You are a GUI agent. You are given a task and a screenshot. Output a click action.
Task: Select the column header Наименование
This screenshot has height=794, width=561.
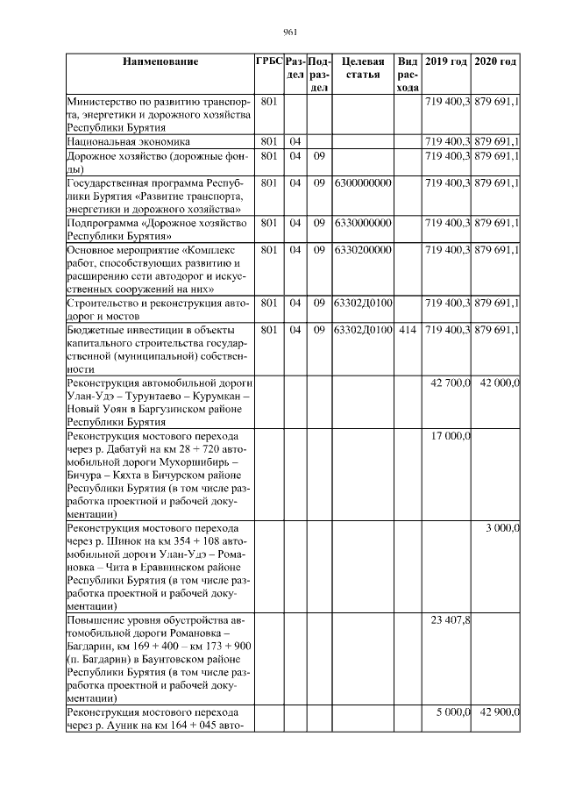click(x=160, y=61)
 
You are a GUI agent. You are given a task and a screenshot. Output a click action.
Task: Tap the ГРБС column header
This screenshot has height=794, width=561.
click(x=269, y=61)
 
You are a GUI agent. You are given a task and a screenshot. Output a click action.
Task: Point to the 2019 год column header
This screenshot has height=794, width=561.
click(x=446, y=61)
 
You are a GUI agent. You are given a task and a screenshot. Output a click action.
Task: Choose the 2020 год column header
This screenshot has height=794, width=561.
click(x=496, y=61)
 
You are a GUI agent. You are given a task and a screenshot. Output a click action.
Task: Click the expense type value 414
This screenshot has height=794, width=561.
click(x=407, y=330)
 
